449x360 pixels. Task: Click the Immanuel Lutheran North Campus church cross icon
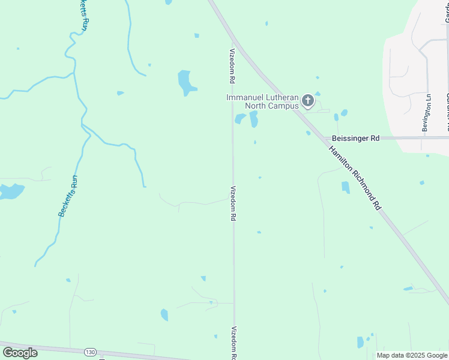click(x=308, y=101)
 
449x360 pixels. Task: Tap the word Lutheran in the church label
click(x=279, y=97)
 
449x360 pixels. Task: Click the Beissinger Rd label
click(x=356, y=138)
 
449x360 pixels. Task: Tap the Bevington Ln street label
click(x=426, y=113)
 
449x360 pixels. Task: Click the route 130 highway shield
click(x=90, y=352)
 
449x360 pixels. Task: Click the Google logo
click(x=20, y=353)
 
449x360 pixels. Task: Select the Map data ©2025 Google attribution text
click(x=411, y=355)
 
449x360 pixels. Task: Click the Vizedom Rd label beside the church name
click(x=231, y=66)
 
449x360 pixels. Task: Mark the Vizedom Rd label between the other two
click(x=233, y=203)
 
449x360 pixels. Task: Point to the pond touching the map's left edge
click(x=10, y=191)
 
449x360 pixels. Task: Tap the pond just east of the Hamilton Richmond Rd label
click(x=345, y=187)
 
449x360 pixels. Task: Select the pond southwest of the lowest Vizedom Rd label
click(x=164, y=314)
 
